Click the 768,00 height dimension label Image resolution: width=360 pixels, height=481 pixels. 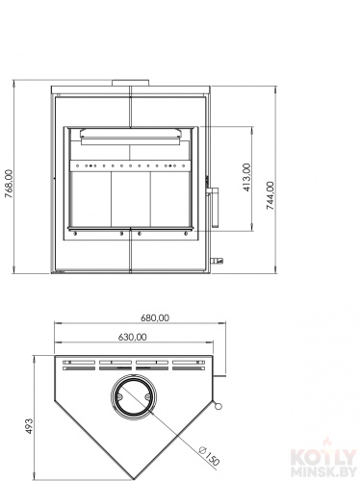pos(10,184)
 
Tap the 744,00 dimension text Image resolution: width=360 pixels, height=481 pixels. pos(270,195)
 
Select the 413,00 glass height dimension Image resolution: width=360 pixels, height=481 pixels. pos(246,177)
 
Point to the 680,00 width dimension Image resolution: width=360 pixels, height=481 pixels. pos(155,317)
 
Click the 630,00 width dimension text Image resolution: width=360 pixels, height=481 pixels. pos(133,337)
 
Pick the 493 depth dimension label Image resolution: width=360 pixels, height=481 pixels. pos(29,426)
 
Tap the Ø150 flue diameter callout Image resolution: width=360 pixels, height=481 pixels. pos(209,455)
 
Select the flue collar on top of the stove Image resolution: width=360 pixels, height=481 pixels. pos(131,83)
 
